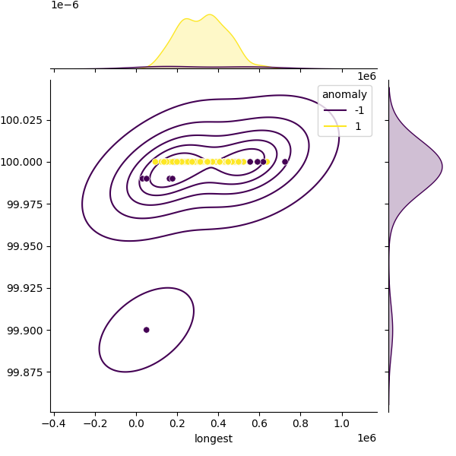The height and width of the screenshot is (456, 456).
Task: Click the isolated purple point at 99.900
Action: (x=146, y=330)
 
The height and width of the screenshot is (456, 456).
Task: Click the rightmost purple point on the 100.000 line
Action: (x=285, y=162)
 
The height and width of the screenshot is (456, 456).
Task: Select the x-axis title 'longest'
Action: (x=214, y=439)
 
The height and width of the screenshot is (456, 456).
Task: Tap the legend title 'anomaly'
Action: (x=344, y=94)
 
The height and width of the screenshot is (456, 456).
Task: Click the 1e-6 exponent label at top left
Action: (x=65, y=5)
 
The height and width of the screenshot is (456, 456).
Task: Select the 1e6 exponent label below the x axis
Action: (x=366, y=438)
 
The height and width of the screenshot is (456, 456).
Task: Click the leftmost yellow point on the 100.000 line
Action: (x=155, y=162)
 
